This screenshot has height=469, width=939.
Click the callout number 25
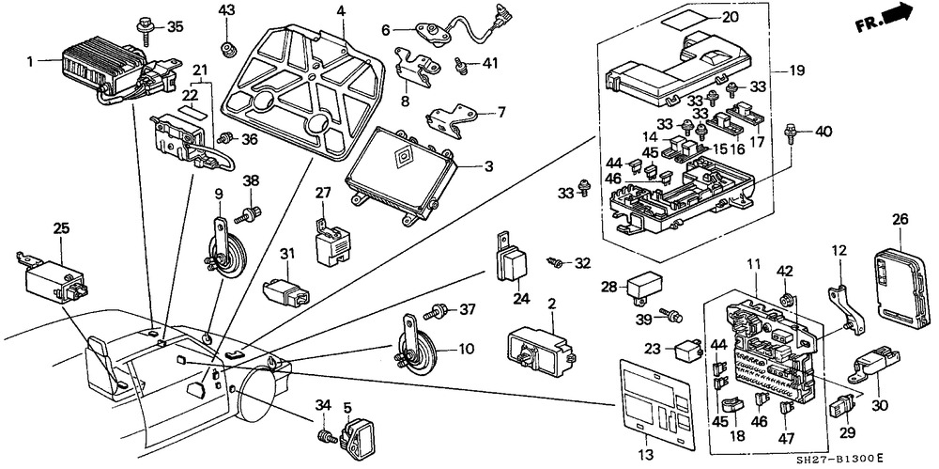click(62, 227)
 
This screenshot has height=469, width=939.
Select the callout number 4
click(341, 11)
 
